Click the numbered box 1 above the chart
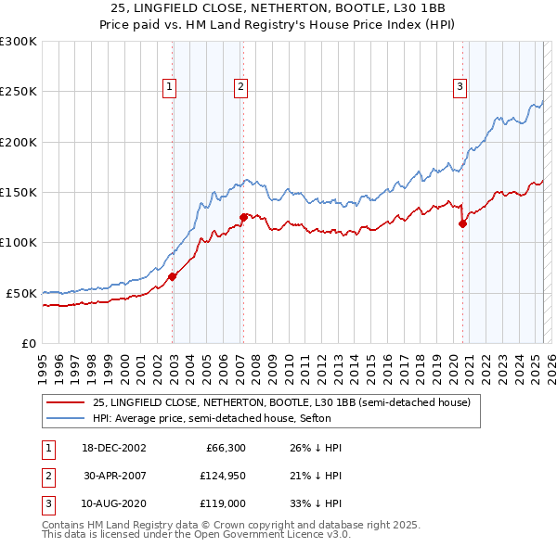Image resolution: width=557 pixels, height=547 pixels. pos(171,88)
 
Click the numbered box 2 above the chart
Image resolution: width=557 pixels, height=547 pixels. pos(240,88)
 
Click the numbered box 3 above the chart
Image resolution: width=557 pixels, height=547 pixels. pos(460,88)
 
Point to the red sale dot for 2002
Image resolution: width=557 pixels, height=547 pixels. pos(173,276)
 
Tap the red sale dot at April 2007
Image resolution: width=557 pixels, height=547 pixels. pos(243,217)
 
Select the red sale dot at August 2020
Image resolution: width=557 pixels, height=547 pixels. pos(462,223)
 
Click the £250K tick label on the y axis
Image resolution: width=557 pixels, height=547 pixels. pos(18,92)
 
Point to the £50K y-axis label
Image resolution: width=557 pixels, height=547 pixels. pos(20,293)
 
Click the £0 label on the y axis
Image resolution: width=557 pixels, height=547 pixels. pos(28,343)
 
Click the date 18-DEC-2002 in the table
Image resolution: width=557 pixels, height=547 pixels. pos(113,448)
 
